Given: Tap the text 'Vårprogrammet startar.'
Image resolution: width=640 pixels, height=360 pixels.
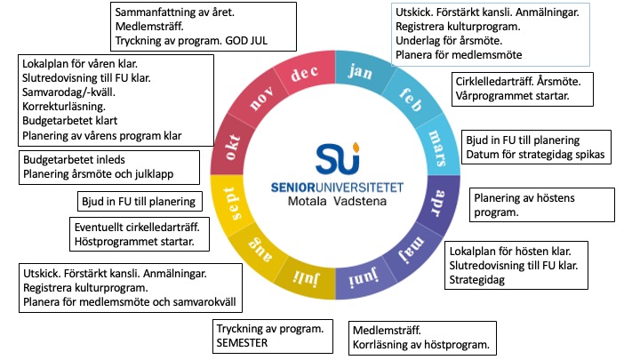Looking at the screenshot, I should tap(506, 93).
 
